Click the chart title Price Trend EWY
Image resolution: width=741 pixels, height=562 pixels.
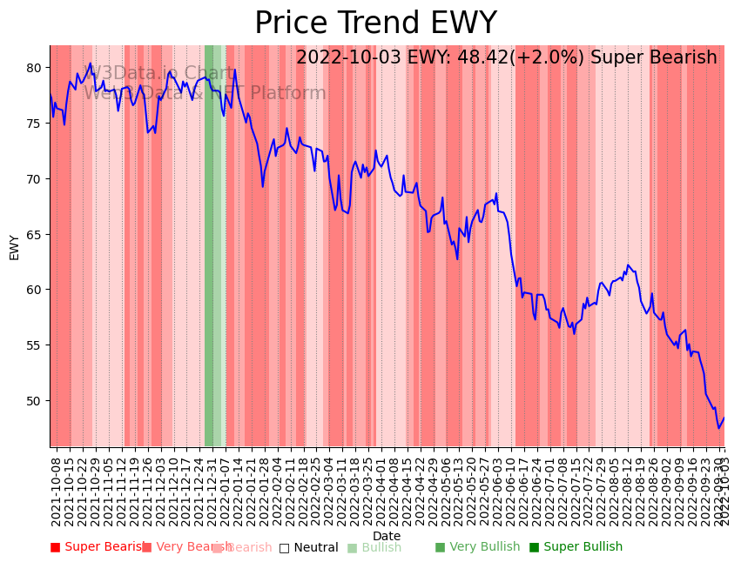375,23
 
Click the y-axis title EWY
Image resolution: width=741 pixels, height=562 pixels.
15,247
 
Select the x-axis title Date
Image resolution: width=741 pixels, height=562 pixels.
387,536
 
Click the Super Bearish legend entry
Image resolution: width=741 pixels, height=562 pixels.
98,547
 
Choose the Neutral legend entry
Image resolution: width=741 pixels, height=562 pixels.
309,548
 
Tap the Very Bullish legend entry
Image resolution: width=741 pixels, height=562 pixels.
477,547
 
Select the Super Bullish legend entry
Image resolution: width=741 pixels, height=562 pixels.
576,547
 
